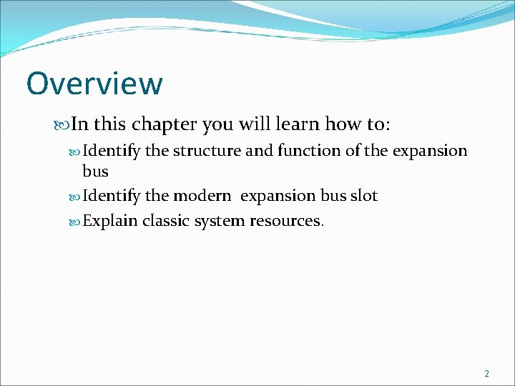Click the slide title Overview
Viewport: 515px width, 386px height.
tap(94, 84)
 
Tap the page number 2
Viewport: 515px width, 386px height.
tap(487, 373)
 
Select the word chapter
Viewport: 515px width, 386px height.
tap(162, 124)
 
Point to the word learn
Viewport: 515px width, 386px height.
tap(300, 124)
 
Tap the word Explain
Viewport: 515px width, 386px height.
tap(110, 221)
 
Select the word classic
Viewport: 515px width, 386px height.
tap(166, 221)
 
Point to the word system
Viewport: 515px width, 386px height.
tap(219, 221)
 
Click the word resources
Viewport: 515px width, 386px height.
tap(286, 221)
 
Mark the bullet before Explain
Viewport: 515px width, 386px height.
tap(76, 221)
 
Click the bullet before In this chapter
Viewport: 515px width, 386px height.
tap(64, 125)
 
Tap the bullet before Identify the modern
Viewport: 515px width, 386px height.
tap(76, 196)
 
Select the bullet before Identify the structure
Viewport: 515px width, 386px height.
tap(76, 152)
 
